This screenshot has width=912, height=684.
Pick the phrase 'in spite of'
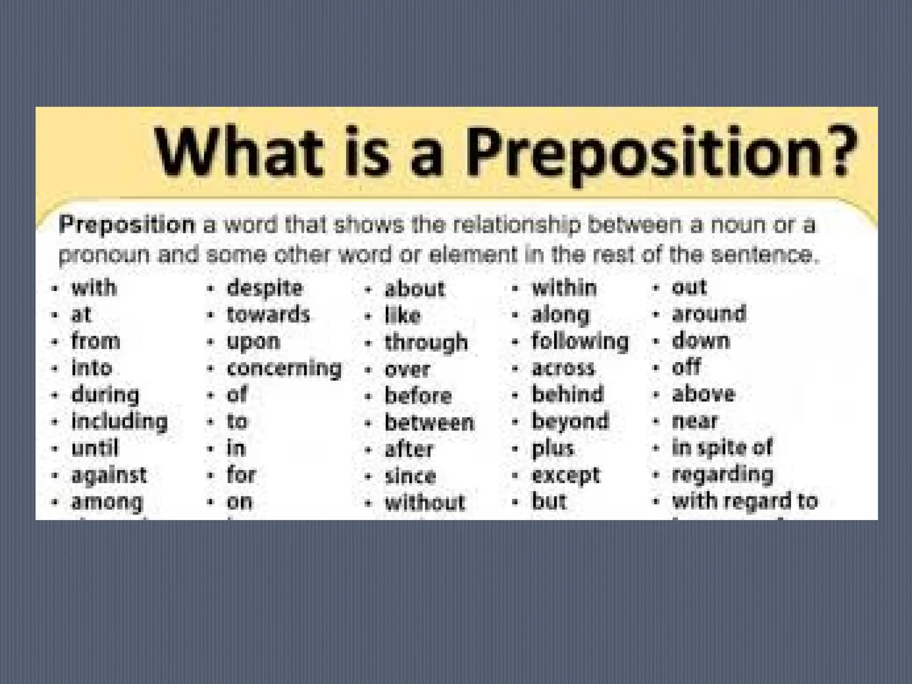pyautogui.click(x=722, y=448)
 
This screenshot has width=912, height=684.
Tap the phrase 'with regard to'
pyautogui.click(x=745, y=501)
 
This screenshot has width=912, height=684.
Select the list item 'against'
pyautogui.click(x=109, y=475)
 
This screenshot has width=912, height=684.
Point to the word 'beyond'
pyautogui.click(x=570, y=421)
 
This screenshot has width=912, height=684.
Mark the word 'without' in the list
pyautogui.click(x=425, y=503)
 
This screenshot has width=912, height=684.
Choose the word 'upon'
pyautogui.click(x=253, y=342)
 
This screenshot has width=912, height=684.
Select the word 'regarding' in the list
pyautogui.click(x=722, y=475)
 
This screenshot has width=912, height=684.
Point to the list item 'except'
pyautogui.click(x=566, y=476)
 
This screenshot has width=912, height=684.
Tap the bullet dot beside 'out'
pyautogui.click(x=655, y=288)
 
